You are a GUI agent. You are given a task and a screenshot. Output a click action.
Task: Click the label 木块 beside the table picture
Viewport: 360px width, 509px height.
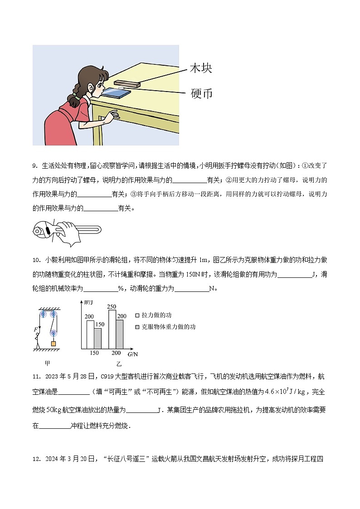200,69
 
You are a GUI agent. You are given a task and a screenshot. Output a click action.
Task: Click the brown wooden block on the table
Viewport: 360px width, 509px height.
127,83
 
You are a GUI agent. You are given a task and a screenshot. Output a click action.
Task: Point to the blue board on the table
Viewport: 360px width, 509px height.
117,93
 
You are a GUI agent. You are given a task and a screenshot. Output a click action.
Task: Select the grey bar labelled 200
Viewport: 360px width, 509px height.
120,334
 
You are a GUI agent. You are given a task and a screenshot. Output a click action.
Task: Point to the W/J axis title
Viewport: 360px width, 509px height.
88,302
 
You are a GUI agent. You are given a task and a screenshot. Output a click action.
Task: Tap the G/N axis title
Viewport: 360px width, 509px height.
132,354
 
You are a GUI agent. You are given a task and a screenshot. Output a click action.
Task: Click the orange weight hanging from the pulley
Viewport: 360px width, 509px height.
54,344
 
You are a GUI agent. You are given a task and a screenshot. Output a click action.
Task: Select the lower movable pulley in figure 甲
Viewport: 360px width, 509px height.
54,333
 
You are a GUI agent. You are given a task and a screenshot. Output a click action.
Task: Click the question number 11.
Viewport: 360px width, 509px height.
37,377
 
